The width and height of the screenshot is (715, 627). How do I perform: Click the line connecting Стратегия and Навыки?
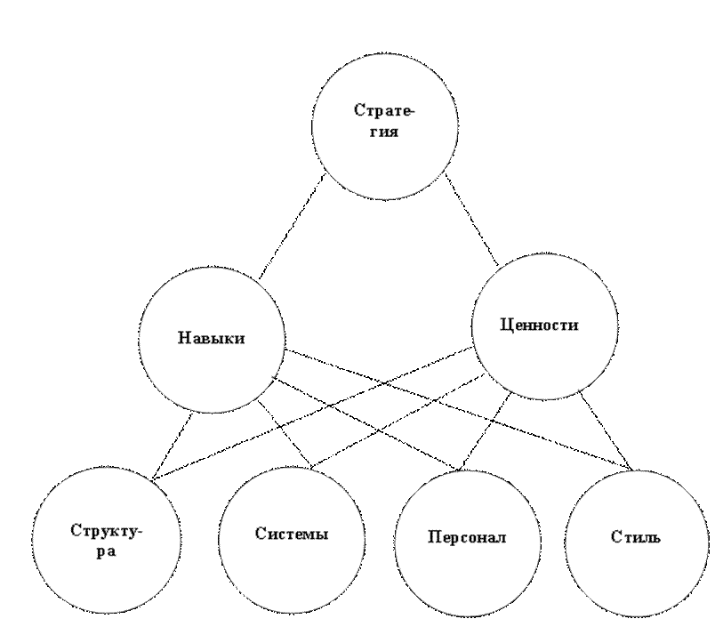(292, 226)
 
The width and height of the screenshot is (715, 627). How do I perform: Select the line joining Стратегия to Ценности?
(472, 220)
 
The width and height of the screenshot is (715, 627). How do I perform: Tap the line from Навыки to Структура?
(173, 446)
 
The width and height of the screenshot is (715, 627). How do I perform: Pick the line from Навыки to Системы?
(285, 435)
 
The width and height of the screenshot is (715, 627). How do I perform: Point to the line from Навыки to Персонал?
(364, 423)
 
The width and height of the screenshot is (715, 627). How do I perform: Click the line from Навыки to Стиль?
(457, 409)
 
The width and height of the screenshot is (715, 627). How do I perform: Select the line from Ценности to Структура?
(312, 414)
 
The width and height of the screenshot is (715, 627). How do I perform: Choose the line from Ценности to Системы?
(398, 421)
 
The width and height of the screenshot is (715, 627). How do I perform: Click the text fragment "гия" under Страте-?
(384, 133)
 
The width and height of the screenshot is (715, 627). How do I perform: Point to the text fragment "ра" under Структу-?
(106, 552)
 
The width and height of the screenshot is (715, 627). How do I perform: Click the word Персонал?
(467, 537)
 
